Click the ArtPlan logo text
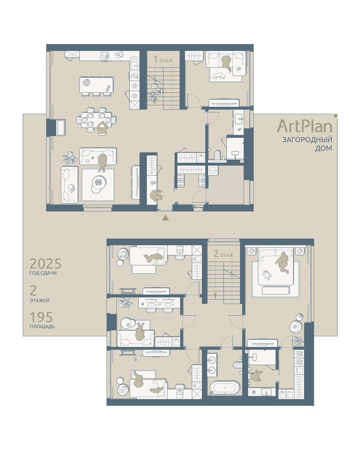pos(304,126)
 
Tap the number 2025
pos(45,264)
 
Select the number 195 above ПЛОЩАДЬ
pos(41,317)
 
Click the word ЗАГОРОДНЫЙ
pos(307,139)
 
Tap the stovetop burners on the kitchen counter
pos(105,55)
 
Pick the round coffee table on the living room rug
pos(99,183)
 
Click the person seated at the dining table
pos(102,128)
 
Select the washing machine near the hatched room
pos(213,170)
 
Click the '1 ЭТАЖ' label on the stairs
pos(163,60)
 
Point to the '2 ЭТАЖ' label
pos(223,254)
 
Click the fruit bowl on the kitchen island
pos(86,83)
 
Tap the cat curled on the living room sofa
pos(71,188)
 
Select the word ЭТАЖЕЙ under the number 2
pos(40,300)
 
